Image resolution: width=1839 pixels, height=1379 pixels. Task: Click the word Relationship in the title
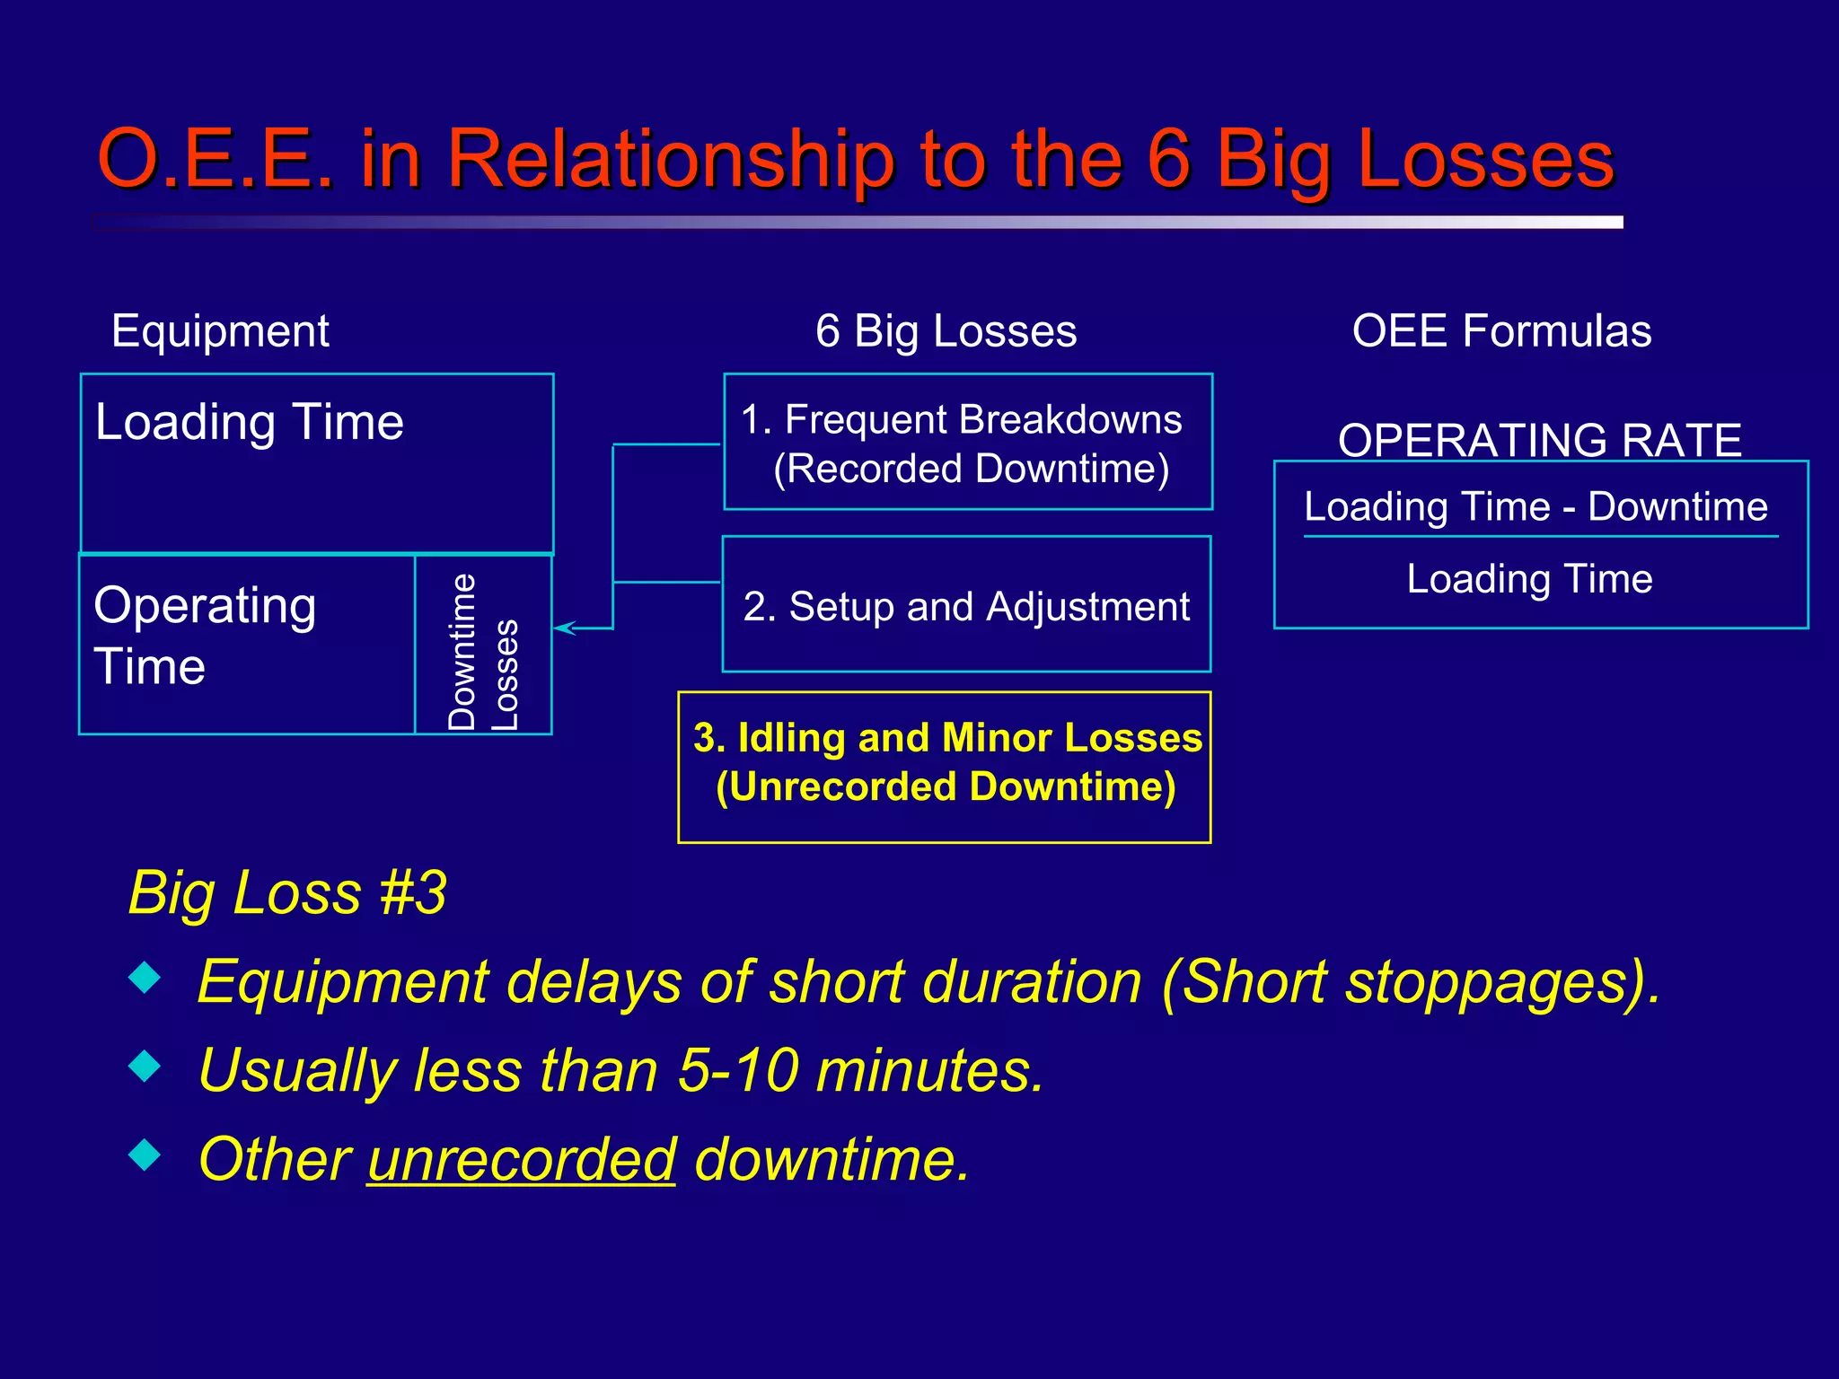coord(670,160)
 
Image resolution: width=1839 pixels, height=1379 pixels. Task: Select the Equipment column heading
coord(220,331)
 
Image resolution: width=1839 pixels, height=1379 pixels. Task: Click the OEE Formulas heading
coord(1501,331)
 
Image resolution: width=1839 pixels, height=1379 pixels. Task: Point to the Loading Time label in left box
coord(250,422)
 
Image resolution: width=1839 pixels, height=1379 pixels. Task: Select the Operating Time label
coord(205,635)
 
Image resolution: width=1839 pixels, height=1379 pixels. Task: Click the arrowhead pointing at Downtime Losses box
coord(564,628)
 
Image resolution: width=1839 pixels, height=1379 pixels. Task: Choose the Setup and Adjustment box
coord(966,606)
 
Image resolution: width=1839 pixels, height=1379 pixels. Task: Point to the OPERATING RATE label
coord(1539,440)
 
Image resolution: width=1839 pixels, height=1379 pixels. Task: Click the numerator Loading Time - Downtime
coord(1535,506)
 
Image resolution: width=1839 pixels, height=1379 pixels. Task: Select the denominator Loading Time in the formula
coord(1529,578)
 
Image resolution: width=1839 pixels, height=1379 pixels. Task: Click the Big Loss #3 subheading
coord(287,892)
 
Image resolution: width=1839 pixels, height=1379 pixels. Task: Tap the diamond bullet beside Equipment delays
coord(145,978)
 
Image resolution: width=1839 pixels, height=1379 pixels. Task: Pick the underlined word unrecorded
coord(521,1159)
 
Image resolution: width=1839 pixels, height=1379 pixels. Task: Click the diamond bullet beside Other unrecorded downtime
coord(145,1155)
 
